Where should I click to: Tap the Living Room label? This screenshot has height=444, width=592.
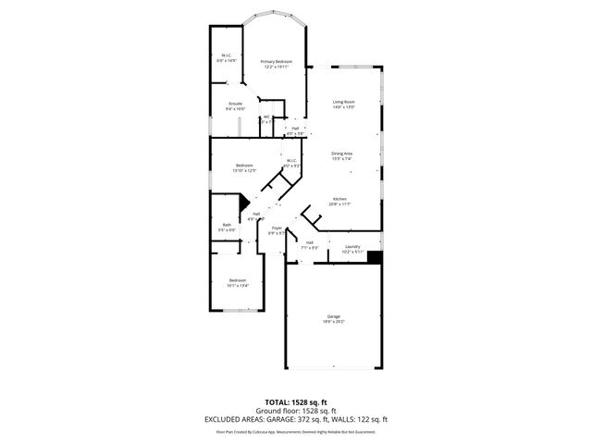click(x=344, y=104)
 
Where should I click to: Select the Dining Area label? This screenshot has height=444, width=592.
click(x=341, y=155)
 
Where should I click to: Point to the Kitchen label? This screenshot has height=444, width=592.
click(x=340, y=201)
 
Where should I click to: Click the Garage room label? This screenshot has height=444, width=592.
click(x=333, y=319)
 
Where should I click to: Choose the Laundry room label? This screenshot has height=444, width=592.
click(x=351, y=248)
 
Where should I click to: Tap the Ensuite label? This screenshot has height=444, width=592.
click(x=235, y=105)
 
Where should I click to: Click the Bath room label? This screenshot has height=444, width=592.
click(x=227, y=228)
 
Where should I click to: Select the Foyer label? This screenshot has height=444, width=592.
click(x=277, y=230)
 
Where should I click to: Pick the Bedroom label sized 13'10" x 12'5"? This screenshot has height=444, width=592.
click(x=243, y=166)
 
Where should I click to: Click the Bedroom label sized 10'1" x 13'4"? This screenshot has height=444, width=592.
click(x=238, y=282)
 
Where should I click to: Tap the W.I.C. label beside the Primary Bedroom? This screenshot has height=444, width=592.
click(x=226, y=57)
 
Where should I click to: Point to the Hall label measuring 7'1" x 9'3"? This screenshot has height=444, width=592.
click(x=309, y=245)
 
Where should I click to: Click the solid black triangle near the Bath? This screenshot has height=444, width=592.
click(x=244, y=203)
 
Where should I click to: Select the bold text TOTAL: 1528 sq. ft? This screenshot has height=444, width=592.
click(x=296, y=402)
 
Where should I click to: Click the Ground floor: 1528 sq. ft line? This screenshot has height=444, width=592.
click(x=296, y=411)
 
